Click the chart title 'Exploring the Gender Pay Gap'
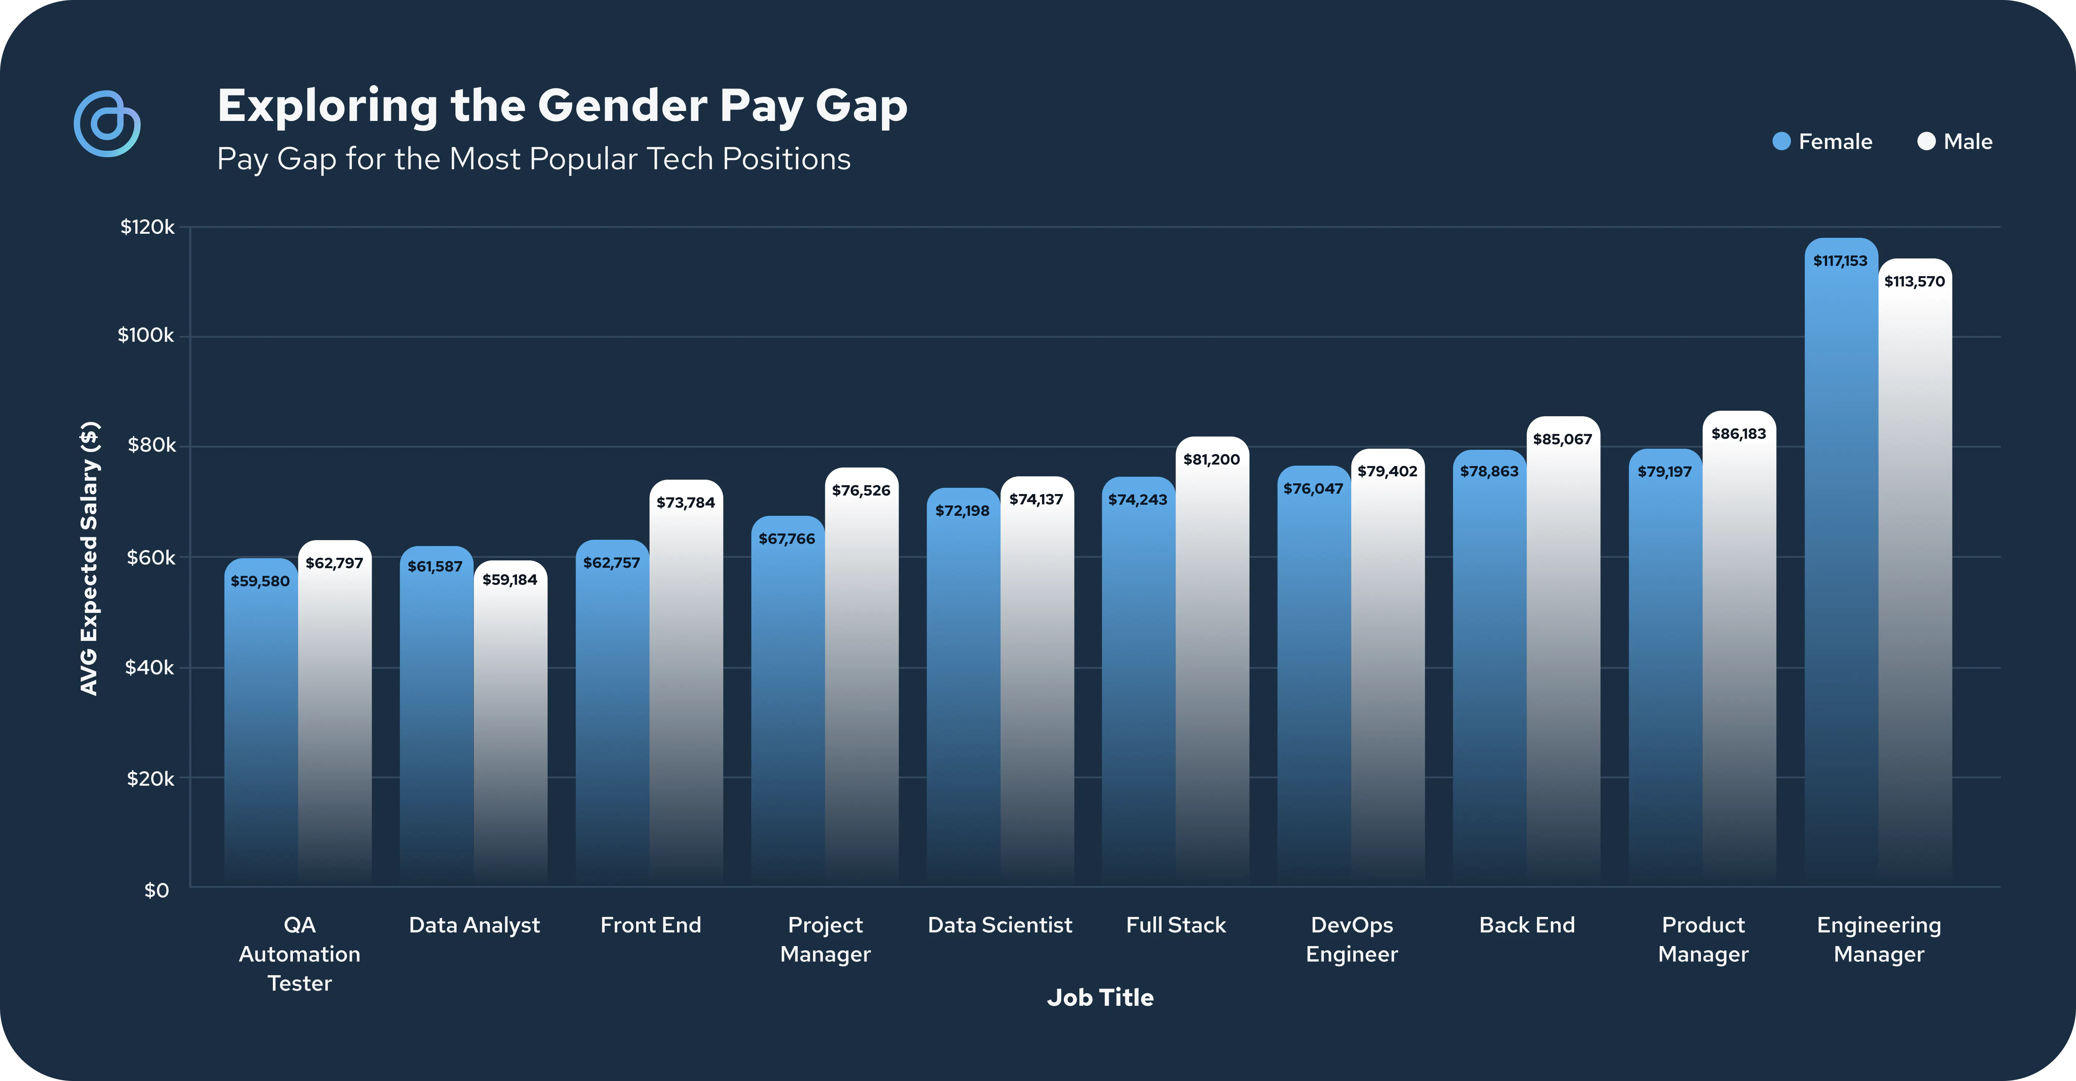(x=562, y=105)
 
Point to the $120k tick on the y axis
(x=147, y=227)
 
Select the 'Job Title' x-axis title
(x=1100, y=997)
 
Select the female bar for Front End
(x=612, y=717)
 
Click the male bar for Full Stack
(x=1212, y=668)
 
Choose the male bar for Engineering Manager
(x=1915, y=580)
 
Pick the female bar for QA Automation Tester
(x=260, y=725)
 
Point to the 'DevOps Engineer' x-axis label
(x=1351, y=939)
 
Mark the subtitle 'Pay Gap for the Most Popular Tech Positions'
(x=534, y=159)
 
